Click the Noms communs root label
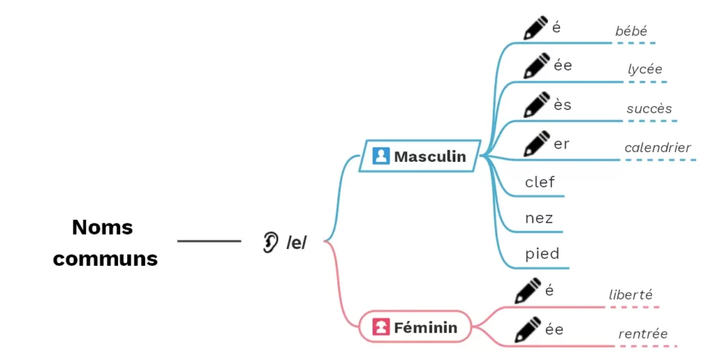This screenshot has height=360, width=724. click(105, 243)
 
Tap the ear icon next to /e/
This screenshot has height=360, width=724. click(270, 242)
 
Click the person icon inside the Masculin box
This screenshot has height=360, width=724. click(381, 156)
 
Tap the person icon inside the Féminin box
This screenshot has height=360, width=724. click(382, 327)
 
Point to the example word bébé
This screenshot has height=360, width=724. click(631, 31)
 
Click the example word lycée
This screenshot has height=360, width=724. click(645, 69)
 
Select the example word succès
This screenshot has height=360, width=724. click(649, 109)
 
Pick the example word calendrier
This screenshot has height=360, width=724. click(658, 148)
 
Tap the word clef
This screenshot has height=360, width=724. click(540, 182)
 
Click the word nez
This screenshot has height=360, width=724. click(539, 218)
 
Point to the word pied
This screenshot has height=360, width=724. click(542, 254)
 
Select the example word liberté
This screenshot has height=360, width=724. click(631, 295)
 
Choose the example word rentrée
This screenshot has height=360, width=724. click(643, 334)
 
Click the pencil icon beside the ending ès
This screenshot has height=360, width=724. click(536, 105)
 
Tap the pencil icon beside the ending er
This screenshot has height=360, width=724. click(536, 144)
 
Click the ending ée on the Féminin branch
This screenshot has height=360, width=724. click(554, 329)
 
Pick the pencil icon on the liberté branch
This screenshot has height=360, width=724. click(527, 291)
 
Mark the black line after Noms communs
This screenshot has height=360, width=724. click(209, 241)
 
